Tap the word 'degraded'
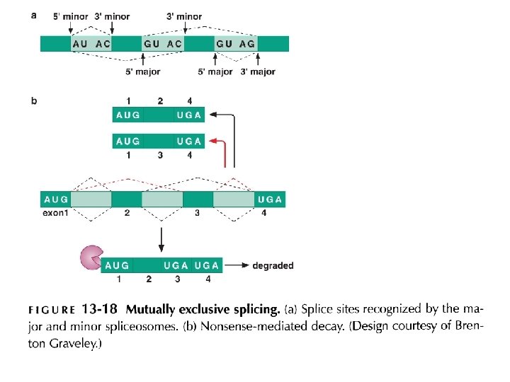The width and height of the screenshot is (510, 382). point(273,266)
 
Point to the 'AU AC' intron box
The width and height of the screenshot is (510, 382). point(91,44)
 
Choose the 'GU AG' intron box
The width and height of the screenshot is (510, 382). point(236,44)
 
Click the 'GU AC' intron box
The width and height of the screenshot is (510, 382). point(163,44)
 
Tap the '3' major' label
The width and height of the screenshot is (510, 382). point(258,71)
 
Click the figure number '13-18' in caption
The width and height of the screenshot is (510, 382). point(101,309)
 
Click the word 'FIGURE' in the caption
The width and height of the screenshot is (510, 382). point(52,310)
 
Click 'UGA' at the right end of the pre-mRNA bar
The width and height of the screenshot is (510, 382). point(270,199)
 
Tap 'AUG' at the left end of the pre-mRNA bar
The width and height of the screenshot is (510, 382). point(56,199)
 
